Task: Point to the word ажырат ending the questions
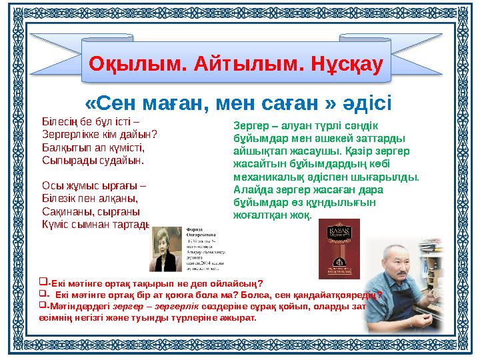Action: (x=241, y=317)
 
